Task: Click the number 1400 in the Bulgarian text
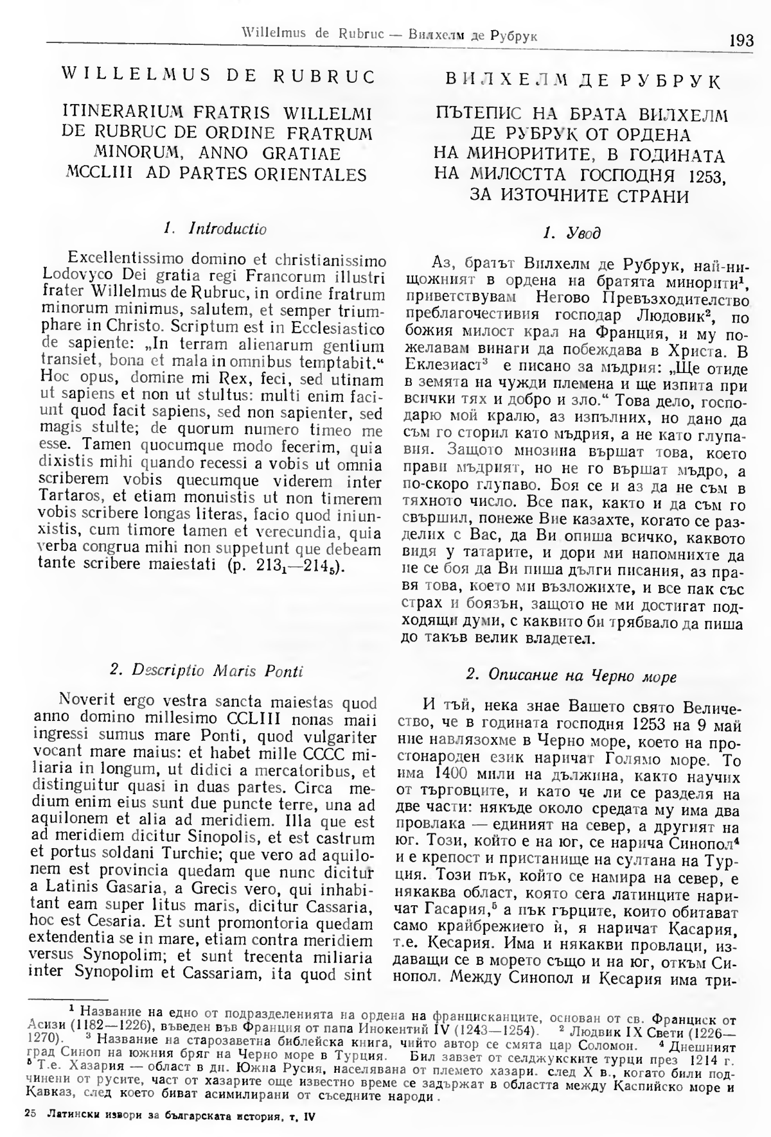click(x=452, y=775)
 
